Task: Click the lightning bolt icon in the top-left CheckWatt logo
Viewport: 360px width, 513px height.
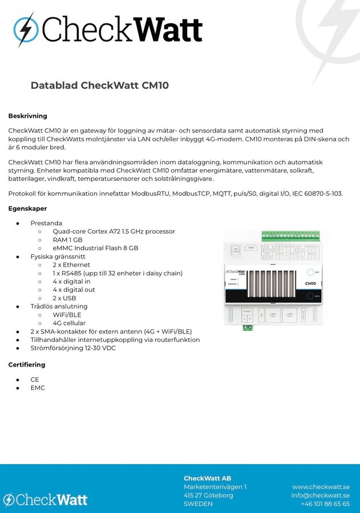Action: (26, 30)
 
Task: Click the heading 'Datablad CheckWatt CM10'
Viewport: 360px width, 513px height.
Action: (99, 86)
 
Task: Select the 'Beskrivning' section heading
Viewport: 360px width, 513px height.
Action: (27, 116)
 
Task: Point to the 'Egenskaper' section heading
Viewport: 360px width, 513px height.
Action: (27, 209)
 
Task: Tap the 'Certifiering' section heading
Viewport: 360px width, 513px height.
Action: (26, 364)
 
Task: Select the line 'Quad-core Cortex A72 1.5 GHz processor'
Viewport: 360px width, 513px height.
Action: (114, 231)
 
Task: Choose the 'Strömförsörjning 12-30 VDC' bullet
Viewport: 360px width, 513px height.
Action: (73, 348)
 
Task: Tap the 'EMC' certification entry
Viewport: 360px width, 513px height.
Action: (38, 388)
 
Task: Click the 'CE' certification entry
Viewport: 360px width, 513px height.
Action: (35, 379)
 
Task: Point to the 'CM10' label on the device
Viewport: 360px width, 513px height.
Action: (310, 283)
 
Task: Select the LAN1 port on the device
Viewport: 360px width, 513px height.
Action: (273, 315)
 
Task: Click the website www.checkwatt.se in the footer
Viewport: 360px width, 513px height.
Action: (321, 487)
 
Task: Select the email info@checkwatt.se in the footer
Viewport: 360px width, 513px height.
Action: (320, 495)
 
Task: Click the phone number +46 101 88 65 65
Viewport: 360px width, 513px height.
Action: (325, 504)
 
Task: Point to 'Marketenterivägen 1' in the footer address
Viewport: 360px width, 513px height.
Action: (215, 487)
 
